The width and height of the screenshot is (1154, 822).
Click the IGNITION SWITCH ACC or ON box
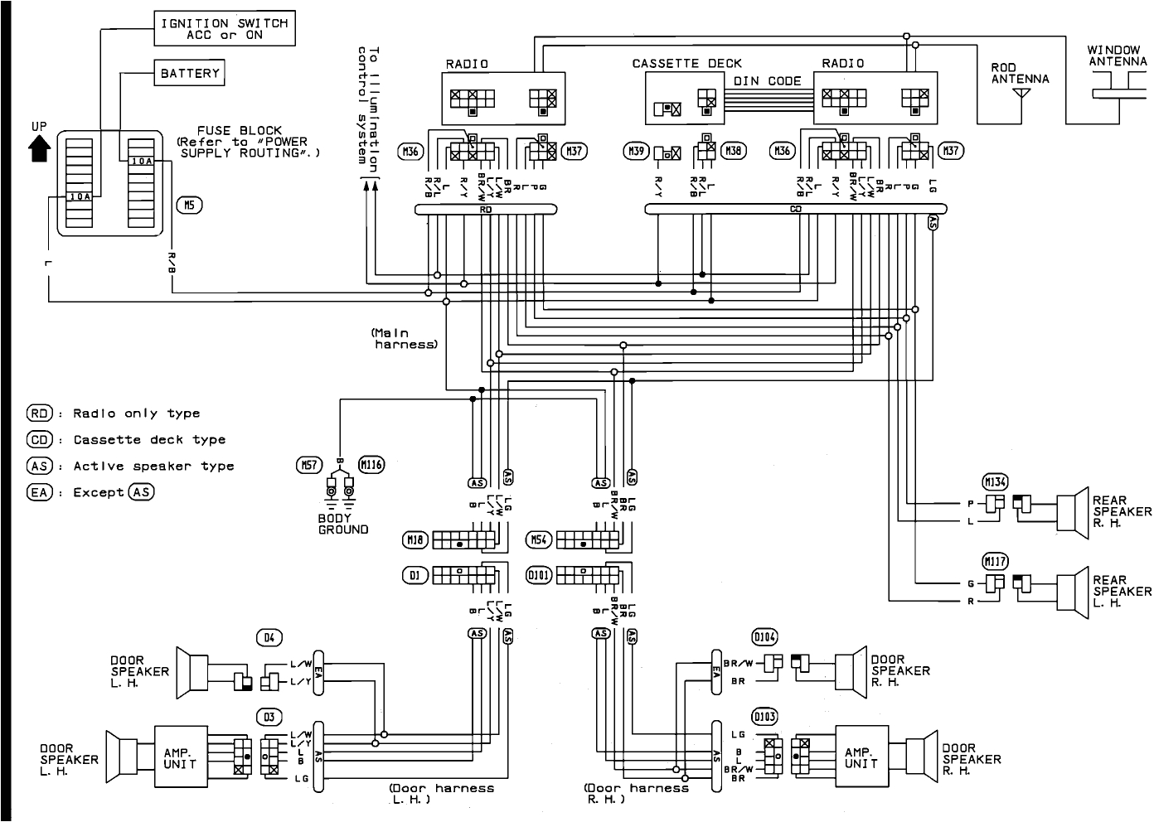[225, 30]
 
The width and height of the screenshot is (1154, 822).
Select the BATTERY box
[190, 74]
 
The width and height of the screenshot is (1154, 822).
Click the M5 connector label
[189, 205]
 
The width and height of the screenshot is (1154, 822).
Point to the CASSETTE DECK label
[686, 63]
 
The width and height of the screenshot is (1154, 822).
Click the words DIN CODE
[767, 81]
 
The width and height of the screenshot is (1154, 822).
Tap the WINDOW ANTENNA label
[1118, 56]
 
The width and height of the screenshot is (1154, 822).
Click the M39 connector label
[635, 152]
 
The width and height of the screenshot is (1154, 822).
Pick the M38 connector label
[733, 151]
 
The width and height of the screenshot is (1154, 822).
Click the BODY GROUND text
[343, 524]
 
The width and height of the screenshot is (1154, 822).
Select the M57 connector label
[308, 465]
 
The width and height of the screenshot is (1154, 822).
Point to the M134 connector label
[995, 482]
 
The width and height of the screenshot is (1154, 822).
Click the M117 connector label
[995, 562]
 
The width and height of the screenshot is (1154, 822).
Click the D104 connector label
[764, 636]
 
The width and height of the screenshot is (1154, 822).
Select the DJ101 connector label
[539, 573]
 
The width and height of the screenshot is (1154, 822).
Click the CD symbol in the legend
[40, 440]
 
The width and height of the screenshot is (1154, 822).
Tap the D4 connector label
[269, 637]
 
